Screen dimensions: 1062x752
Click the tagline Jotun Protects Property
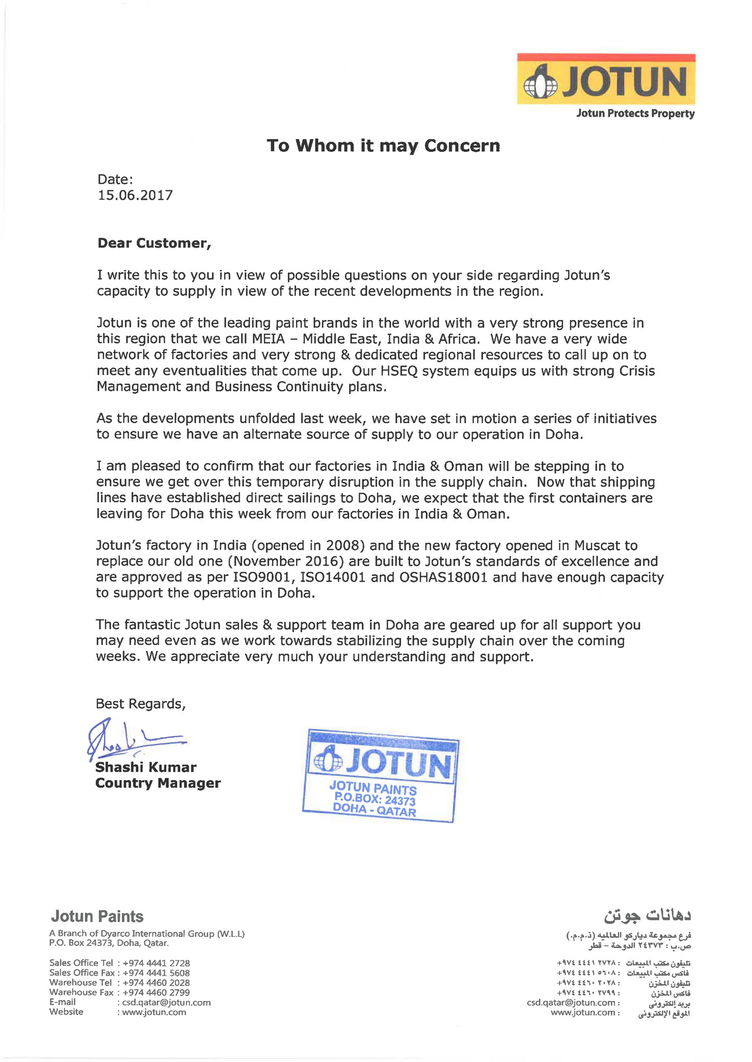(635, 114)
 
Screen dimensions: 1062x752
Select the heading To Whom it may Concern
(383, 146)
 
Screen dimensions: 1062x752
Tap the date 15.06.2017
(135, 195)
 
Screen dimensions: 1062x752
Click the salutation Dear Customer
(154, 243)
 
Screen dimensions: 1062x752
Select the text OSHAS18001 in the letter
(444, 577)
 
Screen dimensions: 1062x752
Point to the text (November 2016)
(285, 562)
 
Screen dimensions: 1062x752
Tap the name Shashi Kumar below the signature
(146, 768)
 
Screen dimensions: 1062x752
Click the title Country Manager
(158, 783)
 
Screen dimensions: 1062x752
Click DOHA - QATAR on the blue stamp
(374, 810)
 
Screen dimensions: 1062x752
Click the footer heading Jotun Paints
(97, 916)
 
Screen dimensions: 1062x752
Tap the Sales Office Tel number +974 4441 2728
(156, 963)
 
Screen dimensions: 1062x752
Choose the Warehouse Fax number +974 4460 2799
(156, 992)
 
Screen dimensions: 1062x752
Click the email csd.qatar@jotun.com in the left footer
(166, 1002)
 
